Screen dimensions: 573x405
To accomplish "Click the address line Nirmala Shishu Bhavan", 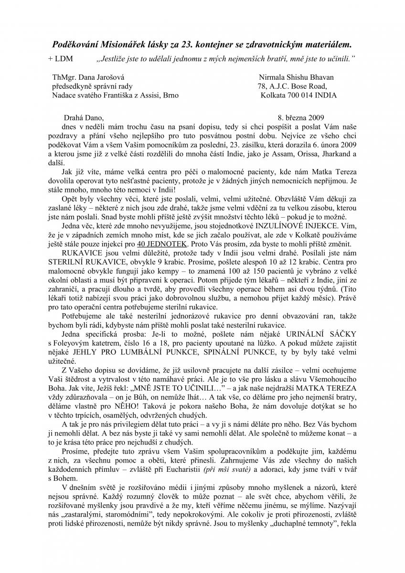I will [296, 77].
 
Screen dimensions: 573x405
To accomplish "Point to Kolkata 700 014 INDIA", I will [298, 95].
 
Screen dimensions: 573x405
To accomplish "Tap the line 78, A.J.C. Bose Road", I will [292, 86].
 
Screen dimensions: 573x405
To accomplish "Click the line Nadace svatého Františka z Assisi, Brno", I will [115, 95].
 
